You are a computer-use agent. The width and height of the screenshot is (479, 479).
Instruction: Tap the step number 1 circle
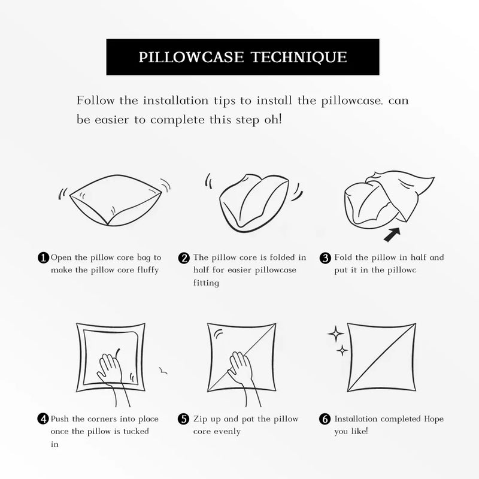point(43,258)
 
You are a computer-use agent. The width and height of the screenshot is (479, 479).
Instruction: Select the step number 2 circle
point(184,258)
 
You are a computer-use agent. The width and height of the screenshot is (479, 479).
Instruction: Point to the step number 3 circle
point(326,258)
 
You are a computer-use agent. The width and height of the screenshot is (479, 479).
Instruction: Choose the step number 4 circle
point(43,419)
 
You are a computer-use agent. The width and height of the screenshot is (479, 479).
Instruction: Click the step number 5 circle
point(184,419)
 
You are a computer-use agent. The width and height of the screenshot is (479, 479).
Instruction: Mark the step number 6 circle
point(326,419)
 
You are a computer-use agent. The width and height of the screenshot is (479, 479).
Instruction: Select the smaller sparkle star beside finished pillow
point(342,349)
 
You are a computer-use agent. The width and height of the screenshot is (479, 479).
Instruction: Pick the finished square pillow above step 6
point(381,355)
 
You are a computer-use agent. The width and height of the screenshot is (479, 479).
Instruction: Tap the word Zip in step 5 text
point(201,419)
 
